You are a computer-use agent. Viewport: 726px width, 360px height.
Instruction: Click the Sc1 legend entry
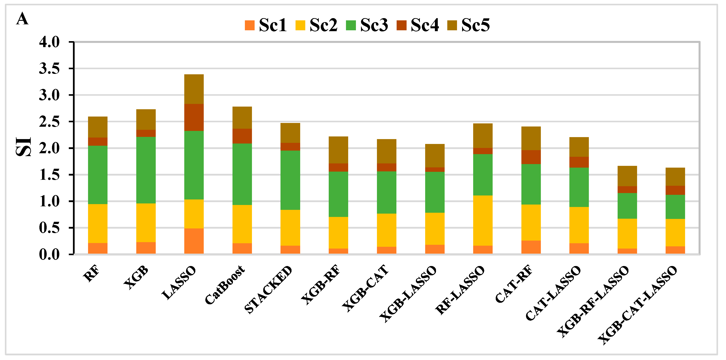(x=265, y=25)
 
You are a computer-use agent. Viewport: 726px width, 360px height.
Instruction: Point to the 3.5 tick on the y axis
(x=49, y=69)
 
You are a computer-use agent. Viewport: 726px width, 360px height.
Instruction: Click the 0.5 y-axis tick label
(x=49, y=228)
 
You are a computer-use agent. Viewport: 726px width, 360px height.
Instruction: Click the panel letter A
(x=22, y=19)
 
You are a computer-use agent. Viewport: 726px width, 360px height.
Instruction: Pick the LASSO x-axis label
(x=179, y=283)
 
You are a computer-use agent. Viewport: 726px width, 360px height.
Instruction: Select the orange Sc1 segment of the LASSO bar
(x=194, y=241)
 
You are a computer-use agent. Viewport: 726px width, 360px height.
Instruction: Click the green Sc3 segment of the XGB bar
(x=146, y=170)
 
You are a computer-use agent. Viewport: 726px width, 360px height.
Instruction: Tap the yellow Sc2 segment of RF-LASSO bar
(x=483, y=220)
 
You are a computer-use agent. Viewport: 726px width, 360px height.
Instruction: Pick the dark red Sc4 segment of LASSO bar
(x=194, y=117)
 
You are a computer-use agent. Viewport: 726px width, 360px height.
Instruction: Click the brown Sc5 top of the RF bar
(x=98, y=127)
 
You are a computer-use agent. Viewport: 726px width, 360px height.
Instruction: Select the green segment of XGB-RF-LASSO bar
(x=627, y=206)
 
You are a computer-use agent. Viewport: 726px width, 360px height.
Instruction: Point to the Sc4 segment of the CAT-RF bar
(x=531, y=157)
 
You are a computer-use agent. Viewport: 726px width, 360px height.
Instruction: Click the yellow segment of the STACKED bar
(x=290, y=228)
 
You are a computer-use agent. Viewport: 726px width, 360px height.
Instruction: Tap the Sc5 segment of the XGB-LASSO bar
(x=435, y=156)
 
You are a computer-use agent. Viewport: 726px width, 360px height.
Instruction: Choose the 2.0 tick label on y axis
(x=49, y=148)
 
